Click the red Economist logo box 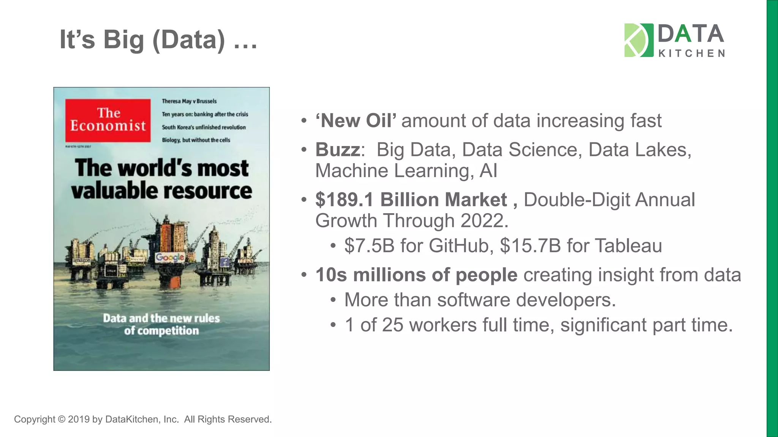click(108, 120)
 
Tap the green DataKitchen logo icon click(639, 40)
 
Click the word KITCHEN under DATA click(691, 53)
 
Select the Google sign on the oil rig click(170, 258)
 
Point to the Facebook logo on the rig click(225, 262)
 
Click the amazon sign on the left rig click(82, 261)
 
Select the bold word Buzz click(337, 150)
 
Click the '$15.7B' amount click(530, 246)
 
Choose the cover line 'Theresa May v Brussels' click(189, 101)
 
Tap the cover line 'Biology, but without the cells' click(196, 140)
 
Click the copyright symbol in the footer click(61, 419)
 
